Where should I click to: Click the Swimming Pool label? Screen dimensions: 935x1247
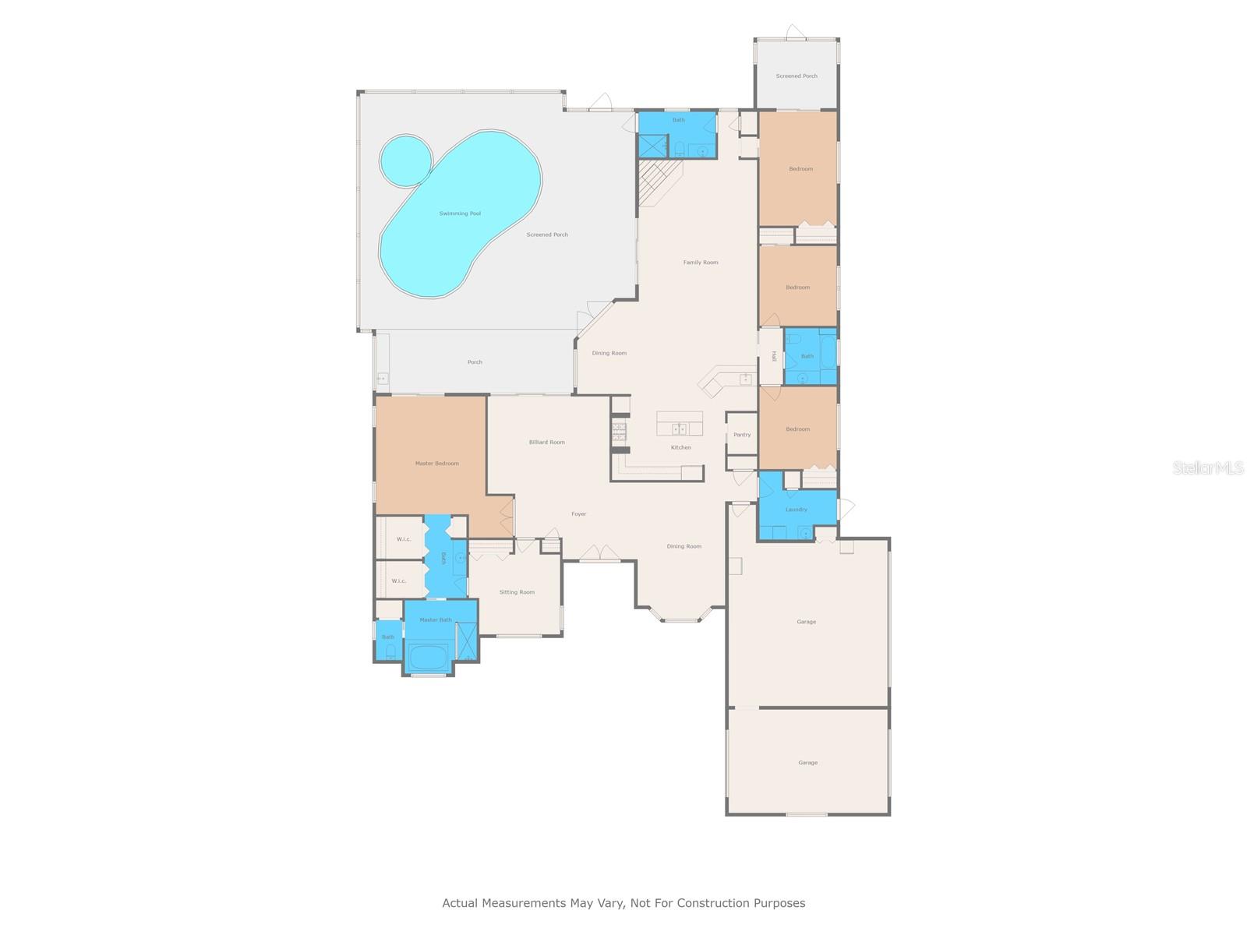pyautogui.click(x=459, y=213)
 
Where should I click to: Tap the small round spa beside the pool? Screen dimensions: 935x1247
pyautogui.click(x=405, y=161)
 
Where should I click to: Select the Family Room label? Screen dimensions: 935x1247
pyautogui.click(x=701, y=263)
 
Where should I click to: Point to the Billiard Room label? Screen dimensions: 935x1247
pyautogui.click(x=546, y=443)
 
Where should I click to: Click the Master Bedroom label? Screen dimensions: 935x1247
pyautogui.click(x=436, y=464)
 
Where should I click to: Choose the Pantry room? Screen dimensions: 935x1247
pyautogui.click(x=741, y=435)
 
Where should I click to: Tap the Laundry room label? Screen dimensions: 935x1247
pyautogui.click(x=796, y=510)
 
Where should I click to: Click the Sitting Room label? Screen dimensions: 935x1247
pyautogui.click(x=517, y=592)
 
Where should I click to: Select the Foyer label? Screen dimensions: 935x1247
pyautogui.click(x=578, y=514)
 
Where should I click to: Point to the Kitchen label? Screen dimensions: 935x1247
pyautogui.click(x=680, y=447)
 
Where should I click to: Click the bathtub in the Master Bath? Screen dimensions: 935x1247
pyautogui.click(x=426, y=656)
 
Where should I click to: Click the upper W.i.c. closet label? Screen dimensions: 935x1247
pyautogui.click(x=403, y=539)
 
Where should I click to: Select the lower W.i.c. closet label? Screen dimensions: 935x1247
pyautogui.click(x=398, y=581)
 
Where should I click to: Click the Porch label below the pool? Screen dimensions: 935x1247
pyautogui.click(x=475, y=362)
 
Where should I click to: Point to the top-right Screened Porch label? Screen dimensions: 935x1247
pyautogui.click(x=797, y=76)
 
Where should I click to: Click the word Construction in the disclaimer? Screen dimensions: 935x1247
pyautogui.click(x=713, y=903)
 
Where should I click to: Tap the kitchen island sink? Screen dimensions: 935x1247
pyautogui.click(x=679, y=429)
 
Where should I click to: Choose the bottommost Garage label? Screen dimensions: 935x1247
pyautogui.click(x=807, y=763)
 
